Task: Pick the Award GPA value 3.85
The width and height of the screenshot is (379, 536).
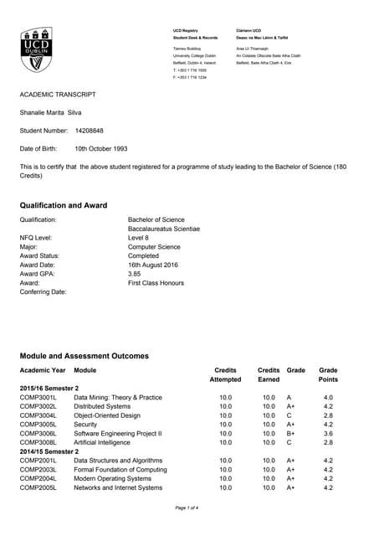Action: (136, 273)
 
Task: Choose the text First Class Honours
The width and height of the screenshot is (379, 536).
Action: (156, 283)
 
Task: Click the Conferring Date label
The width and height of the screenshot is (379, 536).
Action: (43, 292)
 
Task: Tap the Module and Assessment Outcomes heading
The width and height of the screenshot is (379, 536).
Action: (85, 356)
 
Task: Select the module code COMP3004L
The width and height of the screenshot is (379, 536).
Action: (38, 415)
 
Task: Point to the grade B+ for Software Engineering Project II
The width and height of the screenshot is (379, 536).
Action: (290, 433)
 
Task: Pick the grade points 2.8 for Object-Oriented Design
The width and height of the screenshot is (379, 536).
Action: (328, 415)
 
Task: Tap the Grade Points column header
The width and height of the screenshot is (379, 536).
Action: (328, 374)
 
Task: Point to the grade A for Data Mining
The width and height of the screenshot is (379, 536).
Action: (289, 397)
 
